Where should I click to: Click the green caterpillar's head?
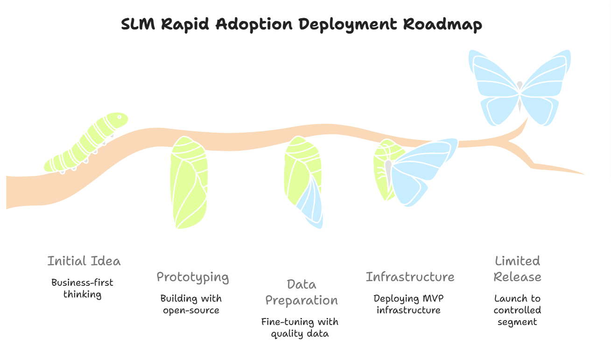click(x=117, y=120)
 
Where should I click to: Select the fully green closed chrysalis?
click(x=189, y=182)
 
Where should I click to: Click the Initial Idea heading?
click(x=84, y=261)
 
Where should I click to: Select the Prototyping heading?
click(x=193, y=277)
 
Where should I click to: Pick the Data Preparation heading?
click(x=302, y=292)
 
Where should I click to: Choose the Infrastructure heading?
click(x=410, y=277)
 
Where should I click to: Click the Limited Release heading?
click(x=517, y=268)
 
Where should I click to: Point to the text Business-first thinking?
click(x=82, y=288)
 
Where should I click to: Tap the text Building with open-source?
click(x=191, y=304)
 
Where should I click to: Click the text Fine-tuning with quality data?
click(x=300, y=327)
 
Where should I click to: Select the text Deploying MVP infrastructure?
click(x=408, y=304)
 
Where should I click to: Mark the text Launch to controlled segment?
click(x=517, y=310)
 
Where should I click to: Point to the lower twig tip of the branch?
click(x=583, y=174)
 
